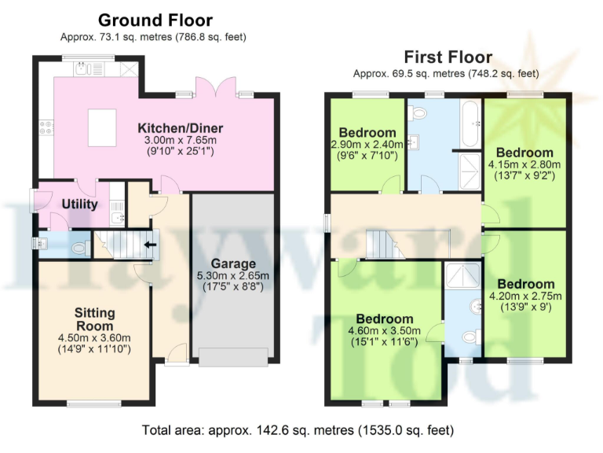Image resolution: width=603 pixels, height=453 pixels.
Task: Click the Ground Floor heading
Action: tap(155, 20)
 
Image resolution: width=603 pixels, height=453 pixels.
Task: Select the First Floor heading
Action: tap(448, 57)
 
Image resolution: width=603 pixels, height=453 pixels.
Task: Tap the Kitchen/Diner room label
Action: tap(181, 127)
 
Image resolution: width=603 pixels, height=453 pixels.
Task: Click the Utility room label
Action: tap(79, 204)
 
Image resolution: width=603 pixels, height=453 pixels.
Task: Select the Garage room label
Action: tap(232, 263)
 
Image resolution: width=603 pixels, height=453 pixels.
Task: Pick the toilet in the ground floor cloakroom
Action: tap(79, 249)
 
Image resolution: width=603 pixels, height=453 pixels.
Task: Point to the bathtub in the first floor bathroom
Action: tap(471, 123)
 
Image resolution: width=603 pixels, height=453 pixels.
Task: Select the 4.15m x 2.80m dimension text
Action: tap(524, 164)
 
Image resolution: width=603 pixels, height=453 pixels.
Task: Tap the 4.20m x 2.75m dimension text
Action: tap(525, 296)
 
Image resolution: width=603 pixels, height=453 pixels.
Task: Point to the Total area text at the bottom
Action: tap(298, 430)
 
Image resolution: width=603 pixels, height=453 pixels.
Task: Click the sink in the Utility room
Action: tap(118, 215)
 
